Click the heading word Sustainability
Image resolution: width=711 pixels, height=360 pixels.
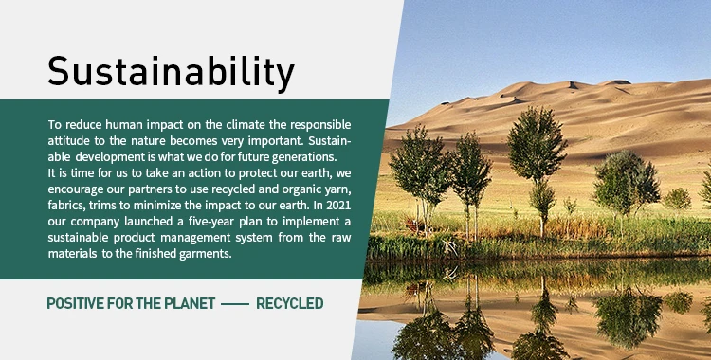pos(171,72)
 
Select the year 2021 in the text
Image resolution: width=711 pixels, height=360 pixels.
pos(338,205)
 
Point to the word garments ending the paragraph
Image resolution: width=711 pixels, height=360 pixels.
pos(206,254)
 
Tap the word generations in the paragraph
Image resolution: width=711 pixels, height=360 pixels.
pos(307,157)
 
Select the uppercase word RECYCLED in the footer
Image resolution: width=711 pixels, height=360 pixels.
pos(290,303)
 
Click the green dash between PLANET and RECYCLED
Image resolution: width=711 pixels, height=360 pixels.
pos(235,304)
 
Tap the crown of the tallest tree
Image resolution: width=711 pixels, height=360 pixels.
pos(538,144)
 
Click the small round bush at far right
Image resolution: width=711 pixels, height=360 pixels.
pos(677,199)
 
